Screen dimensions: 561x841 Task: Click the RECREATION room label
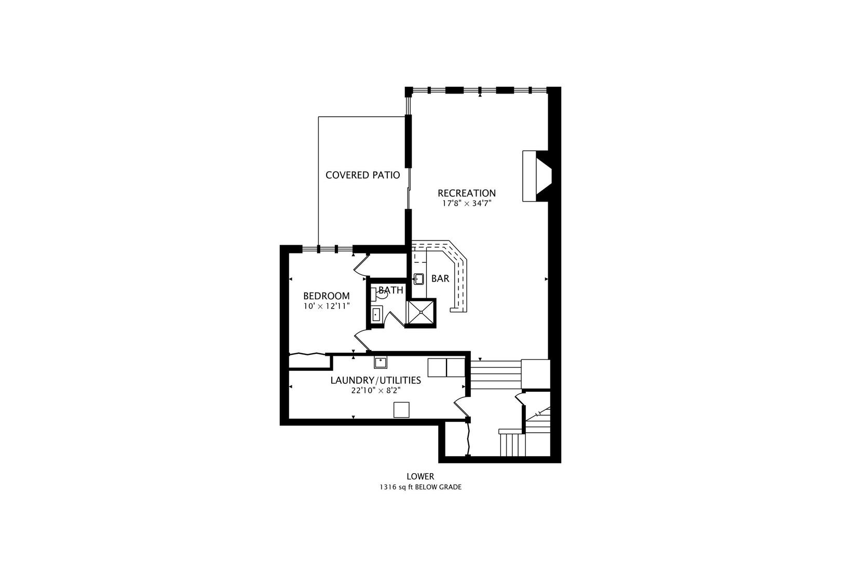coord(466,193)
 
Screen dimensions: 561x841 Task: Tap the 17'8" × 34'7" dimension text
coord(466,204)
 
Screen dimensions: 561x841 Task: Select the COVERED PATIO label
coord(362,175)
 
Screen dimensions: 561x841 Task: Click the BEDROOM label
coord(326,296)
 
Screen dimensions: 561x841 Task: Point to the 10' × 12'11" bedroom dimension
coord(326,306)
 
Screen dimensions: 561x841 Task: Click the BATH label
coord(390,290)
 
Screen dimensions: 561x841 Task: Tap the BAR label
coord(440,278)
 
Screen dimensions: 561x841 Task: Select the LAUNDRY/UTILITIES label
coord(375,380)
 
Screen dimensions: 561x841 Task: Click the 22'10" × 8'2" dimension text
coord(375,391)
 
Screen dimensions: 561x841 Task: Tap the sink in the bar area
coord(419,279)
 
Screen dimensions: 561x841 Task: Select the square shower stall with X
coord(420,313)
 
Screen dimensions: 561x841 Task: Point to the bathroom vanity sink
coord(376,315)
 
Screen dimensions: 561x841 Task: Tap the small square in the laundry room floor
coord(401,410)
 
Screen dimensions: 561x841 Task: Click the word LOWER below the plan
coord(420,476)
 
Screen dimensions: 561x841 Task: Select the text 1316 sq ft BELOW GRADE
coord(420,487)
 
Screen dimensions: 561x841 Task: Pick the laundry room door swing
coord(460,406)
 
